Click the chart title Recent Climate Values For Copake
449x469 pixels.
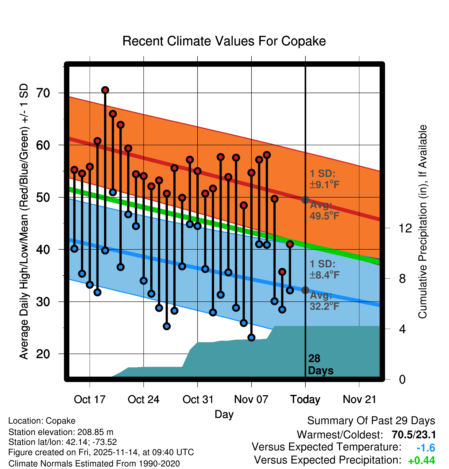tap(224, 41)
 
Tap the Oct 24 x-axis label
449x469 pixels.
tap(143, 399)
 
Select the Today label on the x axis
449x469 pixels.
tap(305, 399)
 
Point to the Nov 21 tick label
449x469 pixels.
tap(359, 399)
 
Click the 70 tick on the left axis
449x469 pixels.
tap(43, 93)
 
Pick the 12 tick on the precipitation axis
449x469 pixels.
tap(405, 228)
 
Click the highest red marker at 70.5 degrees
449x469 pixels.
tap(105, 90)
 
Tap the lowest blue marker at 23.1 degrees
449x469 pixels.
tap(251, 337)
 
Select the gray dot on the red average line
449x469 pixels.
tap(305, 200)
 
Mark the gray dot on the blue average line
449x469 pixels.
tap(305, 290)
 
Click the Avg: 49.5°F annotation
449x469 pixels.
tap(324, 211)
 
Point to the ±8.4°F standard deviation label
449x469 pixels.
tap(324, 275)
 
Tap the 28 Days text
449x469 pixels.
tap(320, 365)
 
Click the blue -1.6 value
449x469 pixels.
tap(426, 448)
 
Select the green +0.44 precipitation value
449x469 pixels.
tap(421, 461)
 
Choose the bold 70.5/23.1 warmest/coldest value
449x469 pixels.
tap(414, 435)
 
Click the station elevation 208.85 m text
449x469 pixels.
tap(61, 432)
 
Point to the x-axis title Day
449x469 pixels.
tap(224, 414)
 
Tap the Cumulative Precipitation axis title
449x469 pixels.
tap(423, 222)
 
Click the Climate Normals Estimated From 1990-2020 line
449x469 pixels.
tap(94, 464)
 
